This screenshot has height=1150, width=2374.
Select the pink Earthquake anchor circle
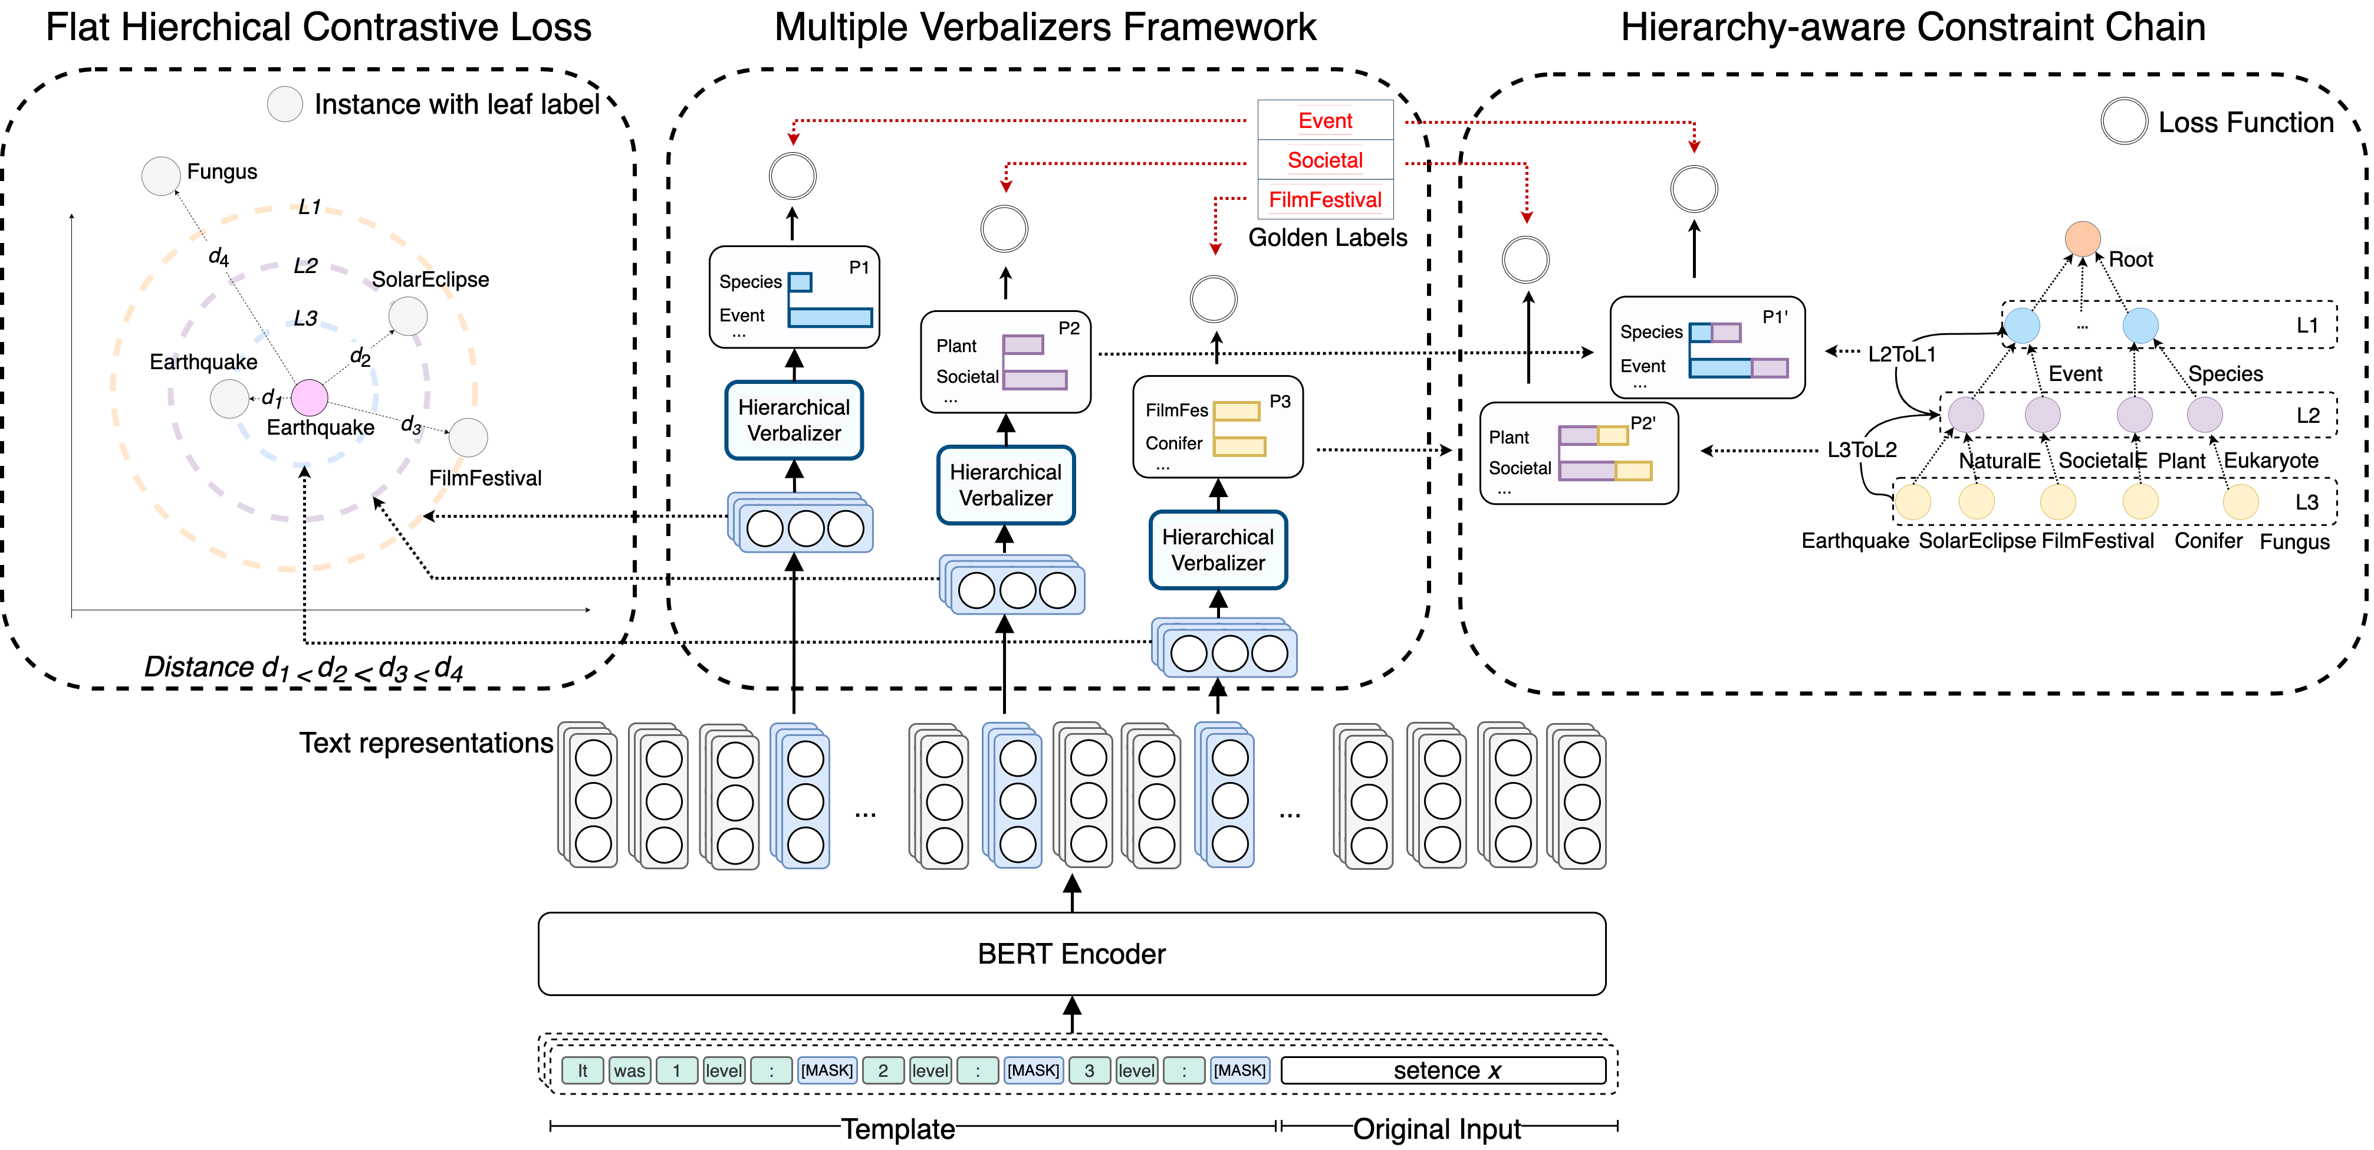pyautogui.click(x=310, y=398)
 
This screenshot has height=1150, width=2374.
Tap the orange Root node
pyautogui.click(x=2082, y=239)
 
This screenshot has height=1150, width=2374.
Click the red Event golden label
pyautogui.click(x=1325, y=121)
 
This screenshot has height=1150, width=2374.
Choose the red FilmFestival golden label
pyautogui.click(x=1325, y=200)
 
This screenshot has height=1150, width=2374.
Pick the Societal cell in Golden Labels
pyautogui.click(x=1325, y=160)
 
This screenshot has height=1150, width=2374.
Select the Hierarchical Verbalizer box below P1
pyautogui.click(x=794, y=420)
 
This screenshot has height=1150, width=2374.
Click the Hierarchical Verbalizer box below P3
pyautogui.click(x=1218, y=550)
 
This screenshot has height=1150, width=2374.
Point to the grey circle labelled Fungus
pyautogui.click(x=160, y=176)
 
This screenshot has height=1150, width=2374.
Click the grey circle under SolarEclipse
pyautogui.click(x=407, y=316)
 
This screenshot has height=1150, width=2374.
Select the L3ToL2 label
pyautogui.click(x=1862, y=449)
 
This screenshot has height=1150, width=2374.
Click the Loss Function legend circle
pyautogui.click(x=2124, y=121)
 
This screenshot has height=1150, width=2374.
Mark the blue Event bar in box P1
pyautogui.click(x=830, y=317)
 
